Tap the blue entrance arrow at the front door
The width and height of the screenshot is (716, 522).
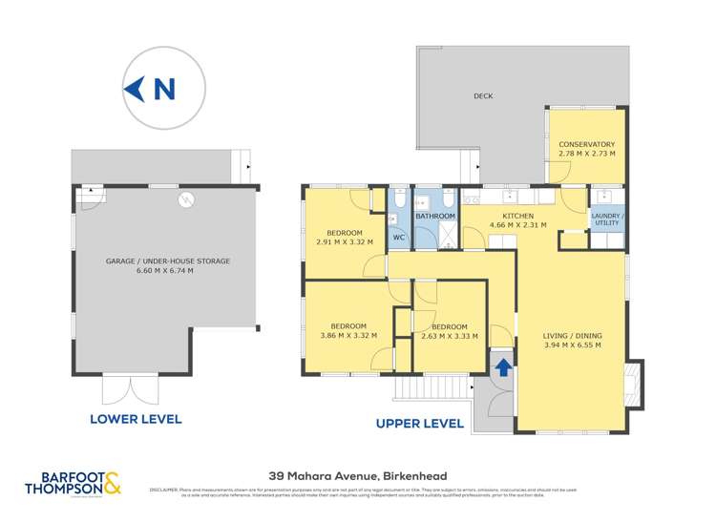pyautogui.click(x=502, y=367)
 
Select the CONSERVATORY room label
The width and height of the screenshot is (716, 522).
pyautogui.click(x=587, y=144)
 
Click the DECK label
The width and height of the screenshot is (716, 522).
pyautogui.click(x=483, y=96)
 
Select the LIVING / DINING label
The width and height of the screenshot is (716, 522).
pyautogui.click(x=572, y=336)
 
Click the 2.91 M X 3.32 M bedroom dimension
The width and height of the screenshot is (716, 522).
pyautogui.click(x=345, y=242)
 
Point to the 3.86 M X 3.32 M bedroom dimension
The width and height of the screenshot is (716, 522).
pyautogui.click(x=347, y=335)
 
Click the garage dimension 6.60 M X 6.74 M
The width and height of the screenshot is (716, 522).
pyautogui.click(x=166, y=271)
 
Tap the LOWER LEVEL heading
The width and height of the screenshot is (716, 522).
pyautogui.click(x=135, y=419)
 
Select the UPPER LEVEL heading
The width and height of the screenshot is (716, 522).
pyautogui.click(x=419, y=423)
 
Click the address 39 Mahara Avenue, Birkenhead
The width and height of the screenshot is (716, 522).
pyautogui.click(x=357, y=475)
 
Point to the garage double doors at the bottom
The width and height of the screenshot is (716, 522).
pyautogui.click(x=129, y=388)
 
